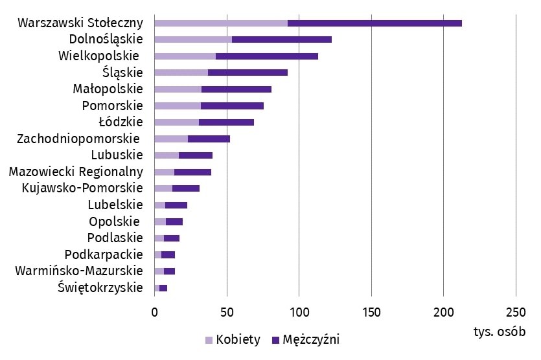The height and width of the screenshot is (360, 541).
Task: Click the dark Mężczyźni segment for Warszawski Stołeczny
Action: (374, 23)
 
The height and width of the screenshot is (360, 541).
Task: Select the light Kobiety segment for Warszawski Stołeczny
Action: (221, 23)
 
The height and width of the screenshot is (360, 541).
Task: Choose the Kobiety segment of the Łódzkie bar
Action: (177, 122)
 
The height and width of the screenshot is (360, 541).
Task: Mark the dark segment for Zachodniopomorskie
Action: (209, 139)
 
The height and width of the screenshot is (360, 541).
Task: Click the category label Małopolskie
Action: (108, 89)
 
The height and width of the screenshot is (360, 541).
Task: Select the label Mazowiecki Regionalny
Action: (76, 172)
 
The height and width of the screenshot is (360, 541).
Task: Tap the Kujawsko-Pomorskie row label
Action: (82, 188)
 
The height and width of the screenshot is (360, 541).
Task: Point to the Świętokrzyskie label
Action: (100, 287)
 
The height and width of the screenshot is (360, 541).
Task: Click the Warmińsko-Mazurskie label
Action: (79, 270)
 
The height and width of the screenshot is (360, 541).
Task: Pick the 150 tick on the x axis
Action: (371, 312)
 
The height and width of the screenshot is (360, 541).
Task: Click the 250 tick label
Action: (516, 312)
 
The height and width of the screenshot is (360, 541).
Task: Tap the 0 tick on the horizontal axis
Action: (155, 312)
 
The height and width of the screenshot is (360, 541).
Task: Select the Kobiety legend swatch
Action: (209, 340)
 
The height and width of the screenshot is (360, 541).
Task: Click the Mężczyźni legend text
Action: (311, 340)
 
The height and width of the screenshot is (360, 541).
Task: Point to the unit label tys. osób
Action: (499, 331)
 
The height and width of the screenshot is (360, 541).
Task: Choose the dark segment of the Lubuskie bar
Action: (196, 155)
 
